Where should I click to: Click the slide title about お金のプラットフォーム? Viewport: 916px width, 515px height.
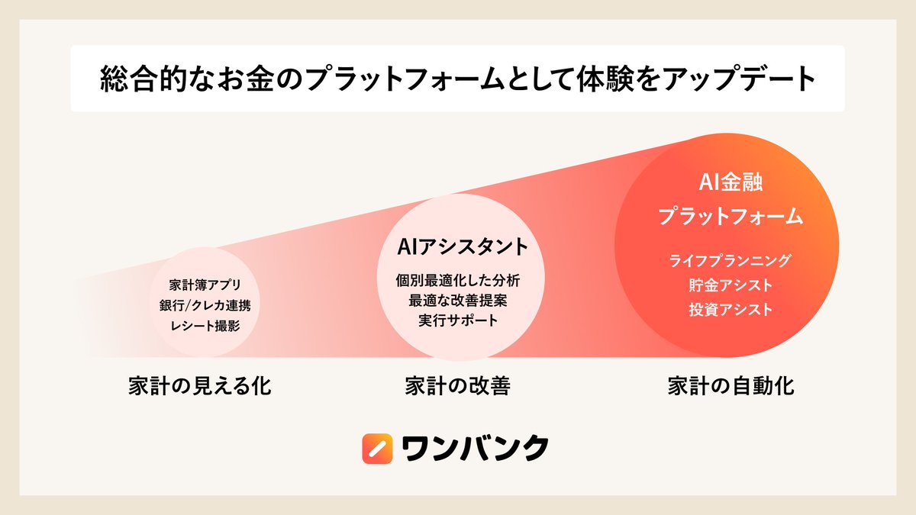(x=457, y=79)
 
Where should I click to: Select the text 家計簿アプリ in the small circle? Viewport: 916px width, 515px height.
(x=205, y=286)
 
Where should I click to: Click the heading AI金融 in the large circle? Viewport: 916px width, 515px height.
(x=731, y=183)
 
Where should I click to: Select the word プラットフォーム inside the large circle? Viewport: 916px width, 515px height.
(x=731, y=216)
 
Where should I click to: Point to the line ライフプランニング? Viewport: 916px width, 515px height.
(x=731, y=260)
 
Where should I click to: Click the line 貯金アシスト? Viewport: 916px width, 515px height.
(x=731, y=285)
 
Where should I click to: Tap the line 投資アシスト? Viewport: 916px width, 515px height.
(x=731, y=310)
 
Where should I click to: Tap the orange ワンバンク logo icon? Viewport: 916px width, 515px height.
(x=377, y=449)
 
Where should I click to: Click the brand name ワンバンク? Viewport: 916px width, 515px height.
(x=475, y=449)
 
